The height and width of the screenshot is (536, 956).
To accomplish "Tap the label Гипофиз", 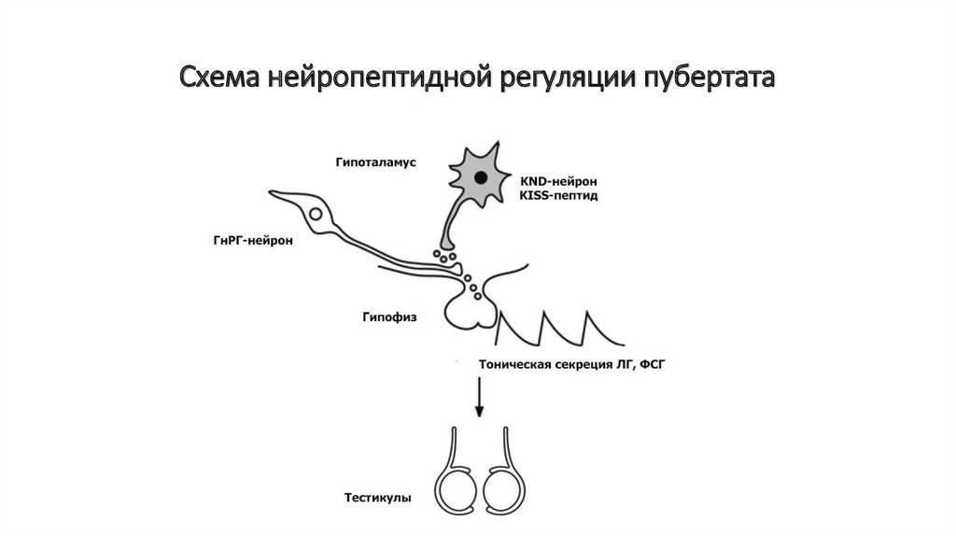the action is tap(385, 317).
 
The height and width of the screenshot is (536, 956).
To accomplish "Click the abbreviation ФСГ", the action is tap(654, 365).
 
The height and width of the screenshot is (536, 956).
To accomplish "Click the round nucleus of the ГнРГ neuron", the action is tap(317, 214).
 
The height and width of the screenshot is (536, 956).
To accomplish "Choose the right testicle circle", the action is tap(507, 490).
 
